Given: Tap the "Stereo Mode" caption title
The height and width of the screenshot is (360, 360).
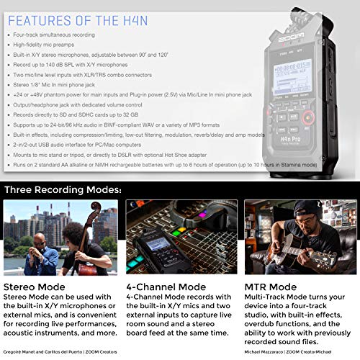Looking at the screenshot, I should [x=34, y=285].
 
